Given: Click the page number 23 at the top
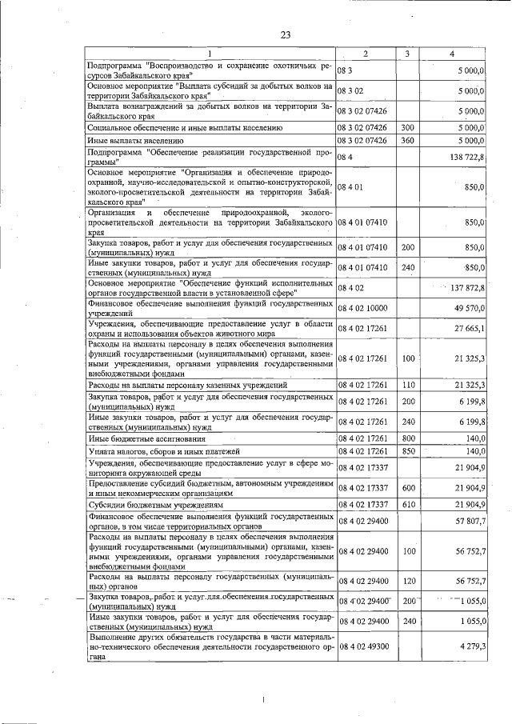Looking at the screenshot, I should pos(286,34).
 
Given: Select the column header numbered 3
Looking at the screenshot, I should pos(407,54).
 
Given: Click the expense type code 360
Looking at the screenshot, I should pos(407,140).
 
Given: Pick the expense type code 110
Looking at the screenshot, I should pos(407,386).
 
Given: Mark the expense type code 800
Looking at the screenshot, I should pos(407,438).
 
